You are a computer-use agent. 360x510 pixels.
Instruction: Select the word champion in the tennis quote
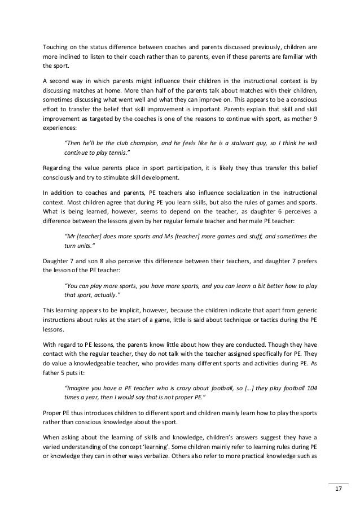pos(144,143)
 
